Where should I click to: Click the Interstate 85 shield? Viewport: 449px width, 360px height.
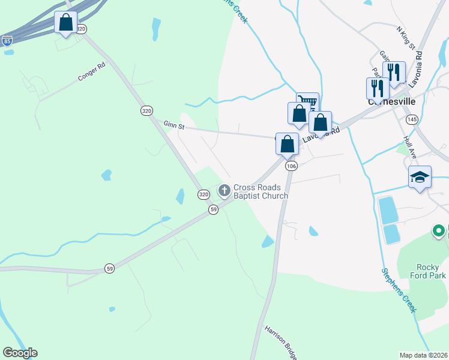click(7, 41)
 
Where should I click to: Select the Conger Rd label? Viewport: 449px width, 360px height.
click(92, 71)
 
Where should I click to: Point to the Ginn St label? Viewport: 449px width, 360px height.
click(175, 125)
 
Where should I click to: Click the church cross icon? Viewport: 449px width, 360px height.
click(224, 191)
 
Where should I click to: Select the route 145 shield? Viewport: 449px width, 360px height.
click(411, 120)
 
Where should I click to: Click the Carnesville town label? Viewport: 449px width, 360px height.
click(391, 102)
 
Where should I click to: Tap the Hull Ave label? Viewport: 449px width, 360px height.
click(410, 146)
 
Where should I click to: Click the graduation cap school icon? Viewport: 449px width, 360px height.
click(420, 177)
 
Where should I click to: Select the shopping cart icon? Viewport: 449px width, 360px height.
click(307, 102)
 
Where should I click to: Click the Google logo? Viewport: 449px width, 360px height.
click(20, 353)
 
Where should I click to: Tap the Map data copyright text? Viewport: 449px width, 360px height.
click(423, 355)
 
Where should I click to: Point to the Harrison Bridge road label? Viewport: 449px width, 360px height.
click(281, 343)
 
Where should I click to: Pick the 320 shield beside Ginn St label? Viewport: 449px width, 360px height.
click(147, 111)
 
